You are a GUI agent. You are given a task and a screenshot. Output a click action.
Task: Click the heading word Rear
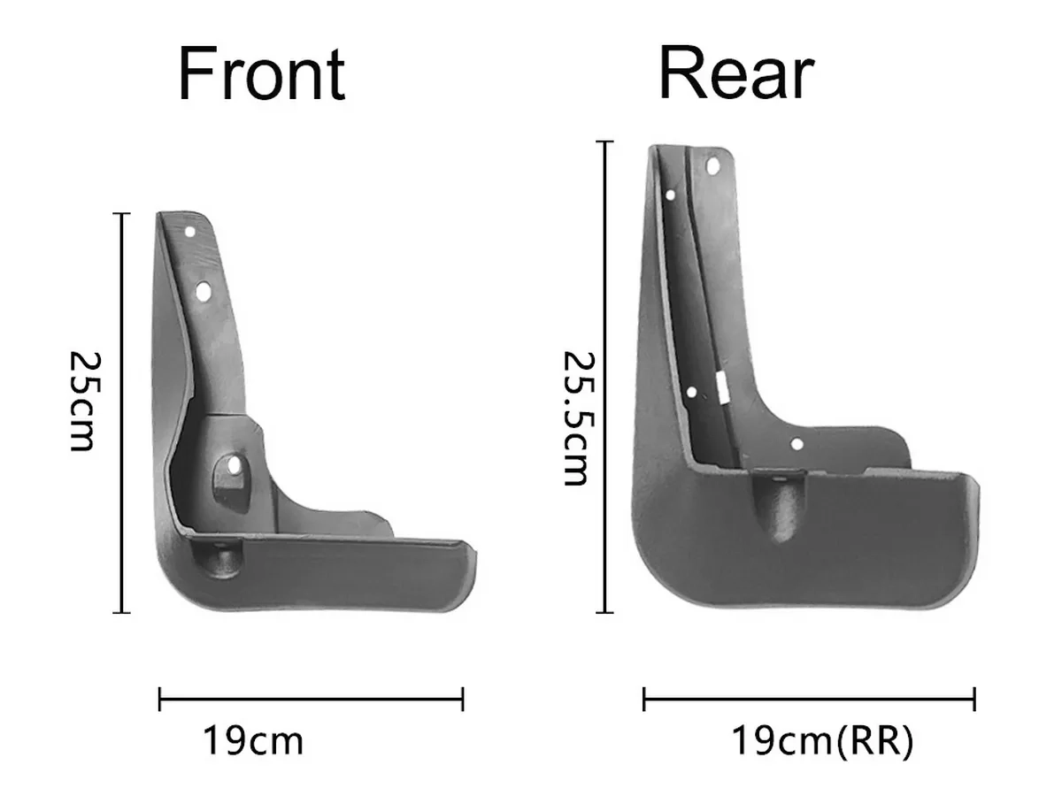coord(737,73)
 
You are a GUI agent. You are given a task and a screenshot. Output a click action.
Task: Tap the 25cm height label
coord(86,402)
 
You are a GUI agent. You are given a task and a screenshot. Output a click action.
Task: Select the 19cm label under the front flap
coord(253,740)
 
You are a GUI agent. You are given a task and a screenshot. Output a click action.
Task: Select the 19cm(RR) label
coord(822,740)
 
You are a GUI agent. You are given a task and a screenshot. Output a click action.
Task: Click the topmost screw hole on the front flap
coord(189,232)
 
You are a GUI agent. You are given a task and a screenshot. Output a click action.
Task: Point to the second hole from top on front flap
coord(204,292)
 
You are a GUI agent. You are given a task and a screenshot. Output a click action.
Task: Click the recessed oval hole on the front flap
coord(234,465)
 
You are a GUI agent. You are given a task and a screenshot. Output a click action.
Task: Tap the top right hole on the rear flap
coord(712,166)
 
